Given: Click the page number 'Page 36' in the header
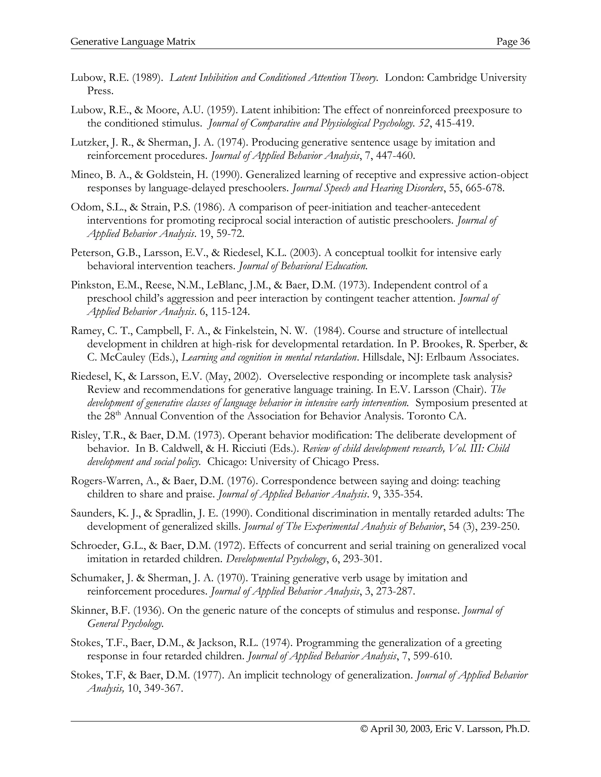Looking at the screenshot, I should point(513,42).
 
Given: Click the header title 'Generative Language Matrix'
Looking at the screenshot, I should point(133,42).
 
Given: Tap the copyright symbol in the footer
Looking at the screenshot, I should point(364,729).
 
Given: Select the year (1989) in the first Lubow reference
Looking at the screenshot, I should point(147,78).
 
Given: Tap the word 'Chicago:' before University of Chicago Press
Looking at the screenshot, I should point(227,462).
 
